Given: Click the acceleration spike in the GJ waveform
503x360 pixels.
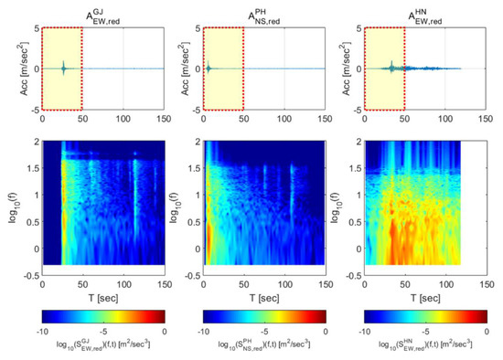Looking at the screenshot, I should click(63, 68).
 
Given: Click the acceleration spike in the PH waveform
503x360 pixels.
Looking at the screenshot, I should click(209, 68).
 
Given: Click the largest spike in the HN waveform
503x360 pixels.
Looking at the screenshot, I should click(391, 67).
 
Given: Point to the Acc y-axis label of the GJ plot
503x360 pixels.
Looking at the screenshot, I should click(14, 69).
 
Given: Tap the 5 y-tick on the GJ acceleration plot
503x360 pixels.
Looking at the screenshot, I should click(35, 28).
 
